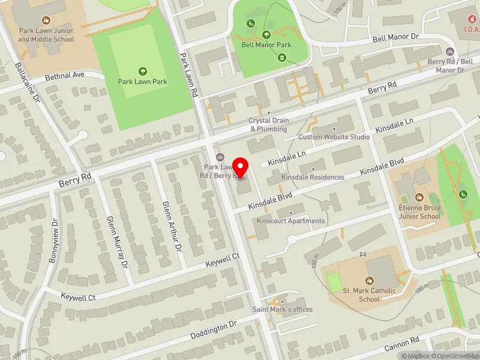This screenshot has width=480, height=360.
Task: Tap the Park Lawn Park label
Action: coord(142,82)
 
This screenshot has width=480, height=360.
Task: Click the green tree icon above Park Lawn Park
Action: coord(142,70)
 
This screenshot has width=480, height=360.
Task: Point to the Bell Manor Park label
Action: coord(266,44)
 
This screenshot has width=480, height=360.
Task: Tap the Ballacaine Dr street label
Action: coord(28,80)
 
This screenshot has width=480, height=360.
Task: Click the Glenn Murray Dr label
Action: coord(117,241)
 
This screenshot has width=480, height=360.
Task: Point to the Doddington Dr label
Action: coord(214,329)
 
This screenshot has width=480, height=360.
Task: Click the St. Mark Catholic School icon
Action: coord(370,281)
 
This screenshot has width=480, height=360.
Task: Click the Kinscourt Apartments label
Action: coord(290,221)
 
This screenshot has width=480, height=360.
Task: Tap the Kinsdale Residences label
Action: coord(313,177)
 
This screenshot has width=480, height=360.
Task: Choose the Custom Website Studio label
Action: coord(334,137)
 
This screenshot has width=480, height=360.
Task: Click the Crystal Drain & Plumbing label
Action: coord(269,124)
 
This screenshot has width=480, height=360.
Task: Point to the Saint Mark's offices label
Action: coord(282,309)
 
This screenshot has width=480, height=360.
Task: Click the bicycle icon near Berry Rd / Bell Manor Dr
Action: coord(450,51)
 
